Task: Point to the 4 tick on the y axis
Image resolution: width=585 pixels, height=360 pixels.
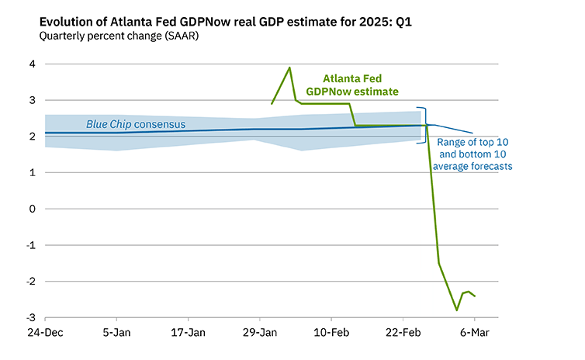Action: coord(32,64)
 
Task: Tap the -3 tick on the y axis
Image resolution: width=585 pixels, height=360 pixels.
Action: coord(29,317)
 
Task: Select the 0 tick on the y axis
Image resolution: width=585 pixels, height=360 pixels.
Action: coord(32,209)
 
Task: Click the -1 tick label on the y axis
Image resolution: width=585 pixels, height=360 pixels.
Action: coord(29,245)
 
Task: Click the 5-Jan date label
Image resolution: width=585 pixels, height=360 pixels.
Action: coord(116,333)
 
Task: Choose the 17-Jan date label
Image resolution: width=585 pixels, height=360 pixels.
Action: coord(188,333)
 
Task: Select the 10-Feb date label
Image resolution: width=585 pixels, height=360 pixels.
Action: coord(331,333)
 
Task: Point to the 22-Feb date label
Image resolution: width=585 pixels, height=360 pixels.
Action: coord(403,333)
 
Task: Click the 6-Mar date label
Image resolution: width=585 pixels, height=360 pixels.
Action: coord(474,333)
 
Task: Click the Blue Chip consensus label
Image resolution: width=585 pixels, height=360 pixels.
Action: coord(136,124)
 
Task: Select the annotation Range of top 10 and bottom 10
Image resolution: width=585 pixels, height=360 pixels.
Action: coord(474,154)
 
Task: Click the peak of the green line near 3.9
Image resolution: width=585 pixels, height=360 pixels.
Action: coord(289,67)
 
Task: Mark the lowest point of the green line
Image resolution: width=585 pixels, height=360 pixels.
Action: coord(457,310)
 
